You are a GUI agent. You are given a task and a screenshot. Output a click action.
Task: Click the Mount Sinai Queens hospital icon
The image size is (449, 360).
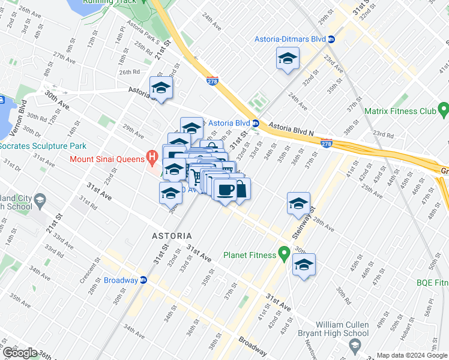point(152,159)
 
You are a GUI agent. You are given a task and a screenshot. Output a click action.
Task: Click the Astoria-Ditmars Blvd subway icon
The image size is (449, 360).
point(332,39)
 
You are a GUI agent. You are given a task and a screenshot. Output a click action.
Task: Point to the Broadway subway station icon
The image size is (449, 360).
point(143,280)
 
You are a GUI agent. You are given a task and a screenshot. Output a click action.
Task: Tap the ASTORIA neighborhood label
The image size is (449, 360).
point(172,236)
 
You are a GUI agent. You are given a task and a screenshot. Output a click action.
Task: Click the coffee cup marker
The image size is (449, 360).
point(225,190)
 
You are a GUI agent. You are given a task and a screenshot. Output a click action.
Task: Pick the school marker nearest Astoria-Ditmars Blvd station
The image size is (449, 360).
point(288,59)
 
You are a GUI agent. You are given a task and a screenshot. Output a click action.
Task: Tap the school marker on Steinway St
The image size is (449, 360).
point(298,204)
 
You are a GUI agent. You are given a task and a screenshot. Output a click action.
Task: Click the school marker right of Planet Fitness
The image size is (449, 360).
point(304,265)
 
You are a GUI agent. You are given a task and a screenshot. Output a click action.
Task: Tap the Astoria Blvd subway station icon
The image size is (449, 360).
point(255,123)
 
